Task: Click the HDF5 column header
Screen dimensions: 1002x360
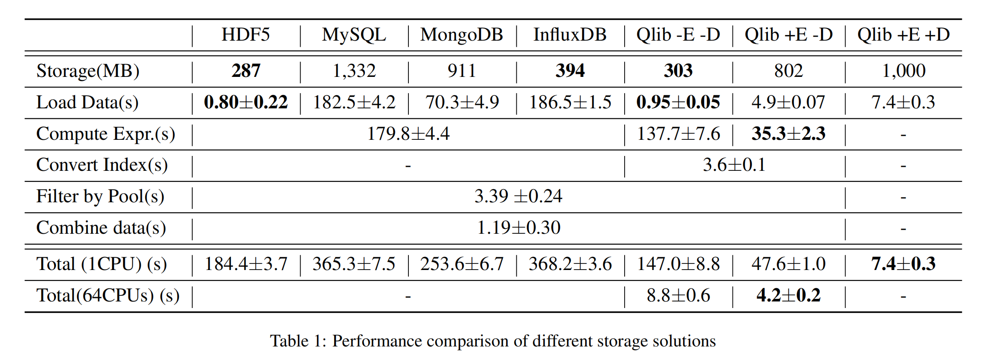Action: [x=245, y=35]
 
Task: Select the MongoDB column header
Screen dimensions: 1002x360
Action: [x=462, y=35]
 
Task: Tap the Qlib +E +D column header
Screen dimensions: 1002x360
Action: [x=903, y=35]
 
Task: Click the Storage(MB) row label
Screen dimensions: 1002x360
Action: [x=88, y=71]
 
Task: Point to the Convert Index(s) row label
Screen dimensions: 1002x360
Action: [x=102, y=165]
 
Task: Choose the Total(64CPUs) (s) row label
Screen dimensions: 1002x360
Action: [x=108, y=296]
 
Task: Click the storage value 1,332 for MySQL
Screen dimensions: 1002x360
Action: [x=354, y=71]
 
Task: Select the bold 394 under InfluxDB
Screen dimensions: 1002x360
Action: [x=570, y=71]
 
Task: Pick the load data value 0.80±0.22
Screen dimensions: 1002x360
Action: [x=246, y=102]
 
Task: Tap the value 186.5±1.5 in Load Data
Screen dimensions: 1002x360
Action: [x=570, y=102]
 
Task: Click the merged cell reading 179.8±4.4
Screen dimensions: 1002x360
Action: [x=408, y=134]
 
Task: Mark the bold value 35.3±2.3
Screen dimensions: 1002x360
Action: [x=788, y=134]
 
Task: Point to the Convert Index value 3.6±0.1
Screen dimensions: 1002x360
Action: [x=734, y=165]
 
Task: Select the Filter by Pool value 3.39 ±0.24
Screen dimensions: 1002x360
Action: [x=518, y=197]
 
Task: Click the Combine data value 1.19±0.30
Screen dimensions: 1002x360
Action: [x=518, y=228]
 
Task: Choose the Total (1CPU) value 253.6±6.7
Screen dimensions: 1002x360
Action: [x=462, y=264]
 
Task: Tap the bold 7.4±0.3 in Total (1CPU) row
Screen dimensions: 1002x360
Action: [x=903, y=264]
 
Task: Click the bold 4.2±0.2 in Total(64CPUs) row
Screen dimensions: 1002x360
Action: [x=788, y=296]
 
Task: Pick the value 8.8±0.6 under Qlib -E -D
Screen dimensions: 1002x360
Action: [x=678, y=296]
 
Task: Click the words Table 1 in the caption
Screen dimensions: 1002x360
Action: [x=298, y=341]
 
